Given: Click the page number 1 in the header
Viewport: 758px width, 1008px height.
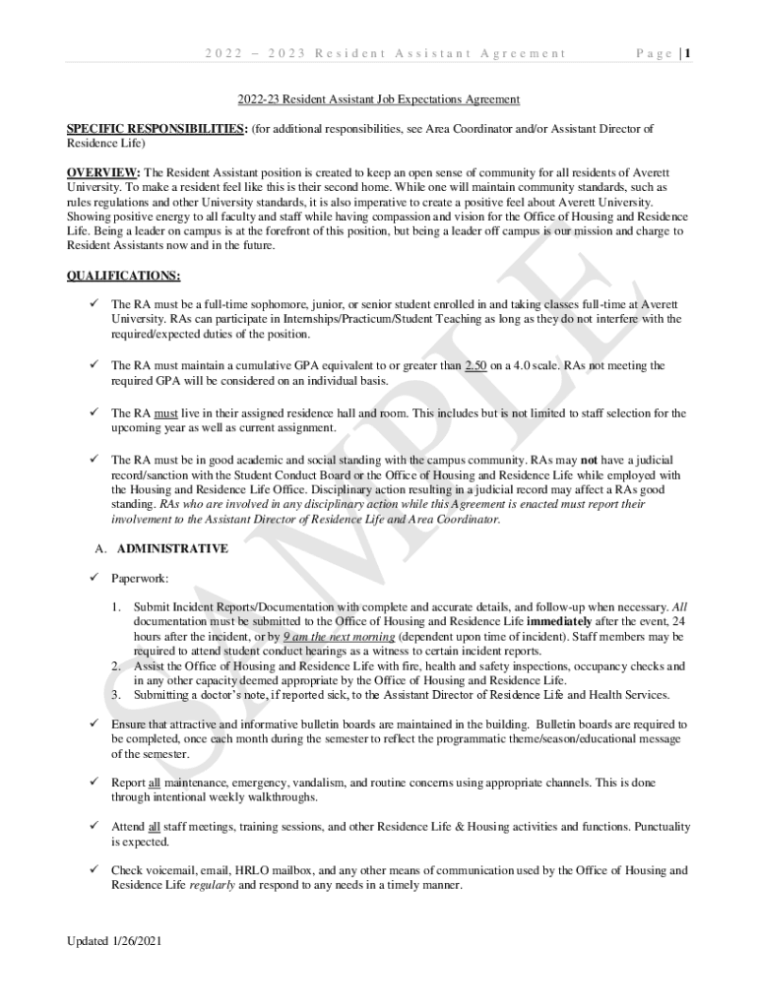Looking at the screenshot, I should [687, 54].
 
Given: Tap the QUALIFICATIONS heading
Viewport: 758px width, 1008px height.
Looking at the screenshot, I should [122, 276].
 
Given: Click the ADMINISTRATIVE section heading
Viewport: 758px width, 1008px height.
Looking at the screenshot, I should [172, 548].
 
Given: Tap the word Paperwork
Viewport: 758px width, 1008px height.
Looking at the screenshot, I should [140, 578].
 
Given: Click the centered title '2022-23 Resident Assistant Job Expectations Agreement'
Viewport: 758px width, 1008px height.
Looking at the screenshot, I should [378, 99].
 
